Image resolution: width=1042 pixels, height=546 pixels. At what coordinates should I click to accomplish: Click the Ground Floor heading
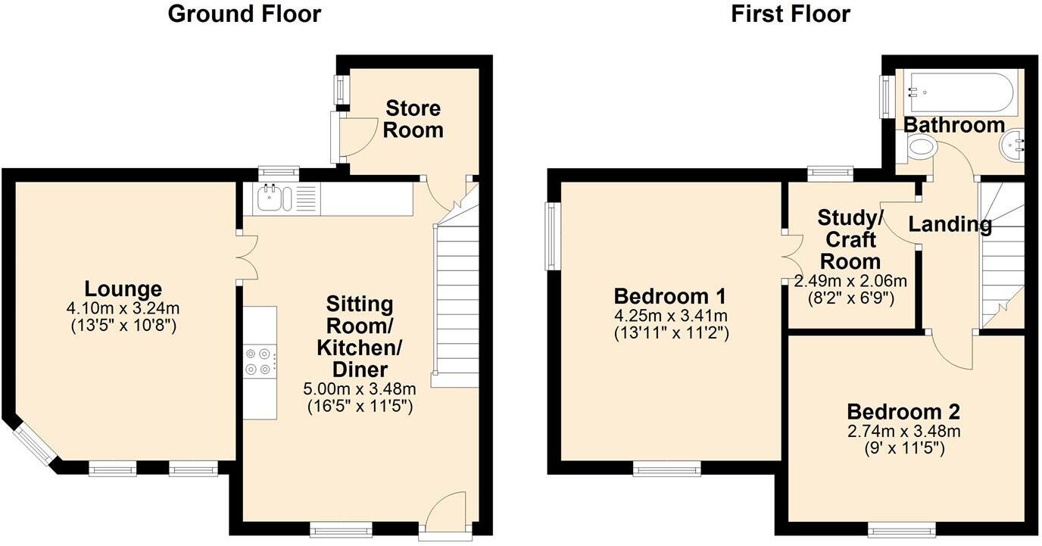(x=244, y=14)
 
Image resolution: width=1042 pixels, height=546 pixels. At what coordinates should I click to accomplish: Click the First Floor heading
(x=790, y=14)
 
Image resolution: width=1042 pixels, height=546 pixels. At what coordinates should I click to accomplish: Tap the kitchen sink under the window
(x=270, y=199)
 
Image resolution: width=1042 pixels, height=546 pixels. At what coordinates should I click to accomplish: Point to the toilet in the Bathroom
(x=919, y=147)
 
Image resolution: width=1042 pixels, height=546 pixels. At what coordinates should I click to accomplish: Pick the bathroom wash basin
(x=1012, y=144)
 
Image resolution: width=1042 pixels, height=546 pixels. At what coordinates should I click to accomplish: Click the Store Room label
(x=413, y=118)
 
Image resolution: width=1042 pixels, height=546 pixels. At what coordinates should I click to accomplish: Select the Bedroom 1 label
(x=670, y=295)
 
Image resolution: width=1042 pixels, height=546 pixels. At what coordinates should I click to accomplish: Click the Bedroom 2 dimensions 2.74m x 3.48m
(x=903, y=432)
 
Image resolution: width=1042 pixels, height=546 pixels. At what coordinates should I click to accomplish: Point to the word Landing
(x=950, y=224)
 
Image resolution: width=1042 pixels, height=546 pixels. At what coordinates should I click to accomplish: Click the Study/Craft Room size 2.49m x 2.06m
(x=849, y=281)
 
